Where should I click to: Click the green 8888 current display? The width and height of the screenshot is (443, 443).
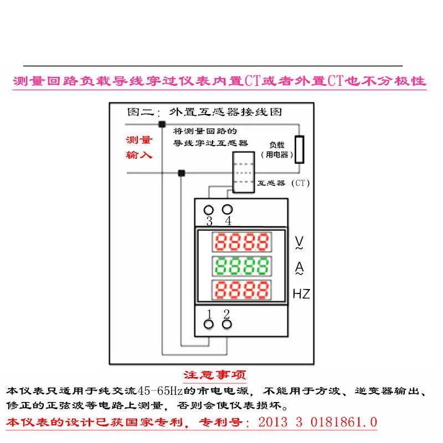coord(242,266)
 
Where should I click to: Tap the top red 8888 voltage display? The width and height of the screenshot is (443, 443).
coord(242,242)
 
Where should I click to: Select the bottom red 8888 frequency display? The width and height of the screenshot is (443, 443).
coord(242,290)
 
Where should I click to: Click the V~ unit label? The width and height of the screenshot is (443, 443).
coord(299,243)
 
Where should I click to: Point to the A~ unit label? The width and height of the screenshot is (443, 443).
coord(299,268)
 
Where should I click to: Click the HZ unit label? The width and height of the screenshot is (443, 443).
coord(301,294)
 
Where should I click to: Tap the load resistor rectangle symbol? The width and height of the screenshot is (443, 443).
coord(300,150)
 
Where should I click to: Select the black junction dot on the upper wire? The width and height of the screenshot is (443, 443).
coord(162,124)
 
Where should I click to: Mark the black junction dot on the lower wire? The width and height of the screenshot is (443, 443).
coord(182,173)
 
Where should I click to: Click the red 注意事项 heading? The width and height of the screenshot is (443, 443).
coord(215,375)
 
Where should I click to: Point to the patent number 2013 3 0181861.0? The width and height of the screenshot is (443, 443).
coord(317,423)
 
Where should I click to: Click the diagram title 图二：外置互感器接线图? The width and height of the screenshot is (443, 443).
coord(204,112)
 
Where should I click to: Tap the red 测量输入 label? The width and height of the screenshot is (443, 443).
coord(139,147)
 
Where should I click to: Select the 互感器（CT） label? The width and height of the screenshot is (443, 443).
coord(284,183)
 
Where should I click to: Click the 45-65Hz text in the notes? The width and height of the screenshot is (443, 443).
coord(160,391)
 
